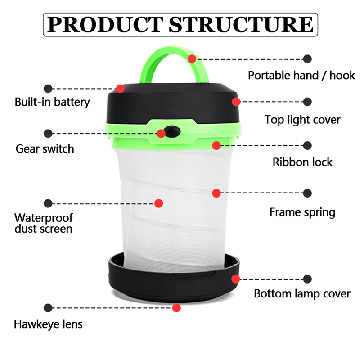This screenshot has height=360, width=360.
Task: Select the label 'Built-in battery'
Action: point(52,102)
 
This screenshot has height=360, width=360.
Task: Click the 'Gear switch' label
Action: point(45,148)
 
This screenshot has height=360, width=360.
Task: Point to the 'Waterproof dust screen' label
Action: point(44,223)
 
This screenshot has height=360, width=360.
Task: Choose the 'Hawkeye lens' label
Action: point(49,324)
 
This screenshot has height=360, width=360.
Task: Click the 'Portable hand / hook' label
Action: point(301,75)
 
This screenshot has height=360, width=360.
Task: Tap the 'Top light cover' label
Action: point(302,120)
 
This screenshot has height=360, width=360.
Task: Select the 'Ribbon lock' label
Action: point(302,162)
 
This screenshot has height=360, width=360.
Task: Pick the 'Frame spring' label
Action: point(302,212)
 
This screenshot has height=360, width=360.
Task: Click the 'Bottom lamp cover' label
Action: point(302,294)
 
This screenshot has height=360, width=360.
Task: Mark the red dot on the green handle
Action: point(192,58)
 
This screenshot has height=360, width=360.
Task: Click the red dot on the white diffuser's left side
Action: point(158,203)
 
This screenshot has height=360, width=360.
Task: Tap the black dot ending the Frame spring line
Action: point(308,193)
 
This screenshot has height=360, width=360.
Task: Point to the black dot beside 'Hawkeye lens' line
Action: point(48,308)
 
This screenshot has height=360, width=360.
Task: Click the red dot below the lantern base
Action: point(176,308)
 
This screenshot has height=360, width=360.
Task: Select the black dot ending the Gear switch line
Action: point(48,133)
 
